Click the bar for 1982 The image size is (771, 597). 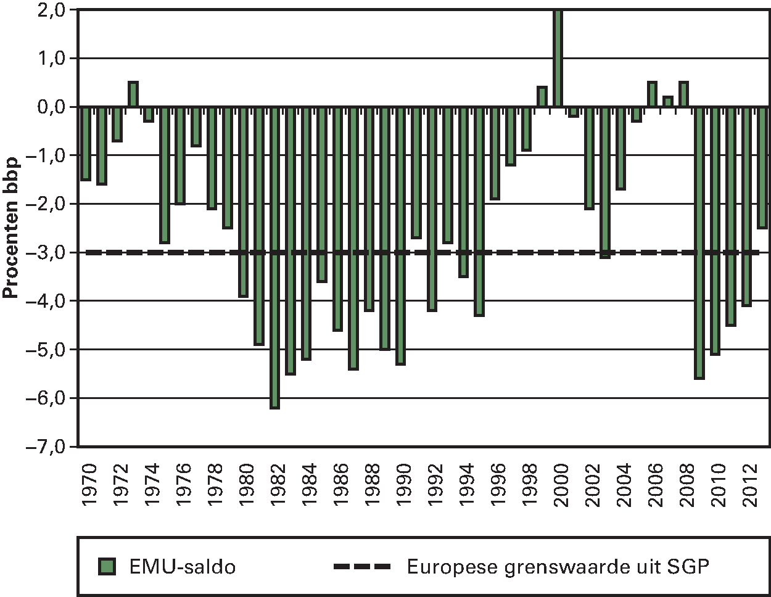tap(274, 257)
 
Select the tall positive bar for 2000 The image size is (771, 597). tap(558, 58)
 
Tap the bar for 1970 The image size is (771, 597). tap(86, 143)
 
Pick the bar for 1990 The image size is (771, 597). tap(400, 235)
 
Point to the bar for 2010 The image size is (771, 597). tap(715, 230)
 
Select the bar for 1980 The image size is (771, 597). tap(243, 201)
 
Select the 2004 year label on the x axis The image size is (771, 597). tap(624, 488)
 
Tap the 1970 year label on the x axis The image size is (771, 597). tap(89, 488)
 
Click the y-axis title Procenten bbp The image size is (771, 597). tap(11, 228)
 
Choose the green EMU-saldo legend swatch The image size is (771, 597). tap(108, 566)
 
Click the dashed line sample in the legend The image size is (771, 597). tap(363, 566)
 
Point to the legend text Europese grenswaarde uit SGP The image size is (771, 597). tap(558, 566)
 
